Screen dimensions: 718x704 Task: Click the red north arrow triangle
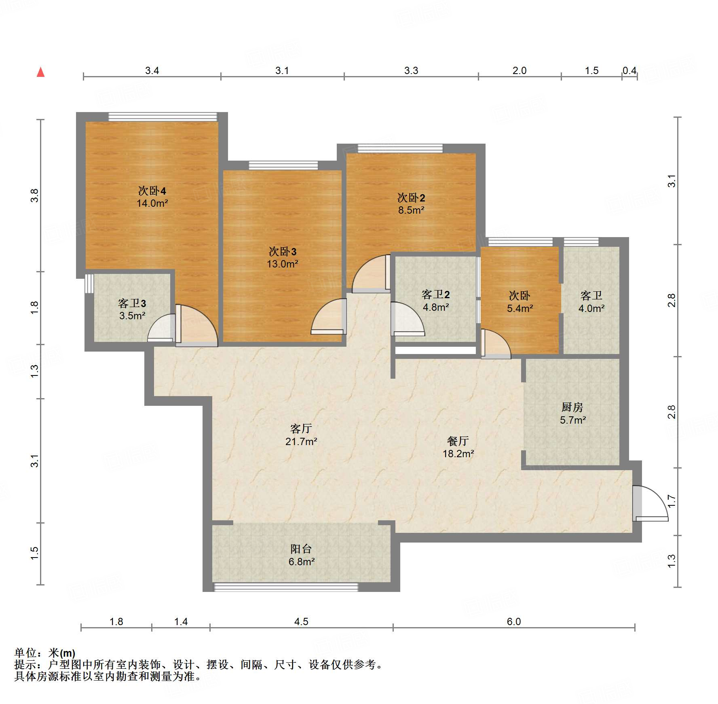tap(40, 72)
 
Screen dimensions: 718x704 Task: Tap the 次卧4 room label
tap(152, 191)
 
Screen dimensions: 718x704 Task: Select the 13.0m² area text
tap(283, 264)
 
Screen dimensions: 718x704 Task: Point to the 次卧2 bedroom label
tap(411, 198)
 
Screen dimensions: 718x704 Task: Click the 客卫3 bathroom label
tap(132, 303)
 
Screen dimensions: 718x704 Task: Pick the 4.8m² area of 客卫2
tap(436, 307)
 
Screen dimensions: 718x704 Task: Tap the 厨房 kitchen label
tap(572, 407)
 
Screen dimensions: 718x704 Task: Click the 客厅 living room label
tap(301, 428)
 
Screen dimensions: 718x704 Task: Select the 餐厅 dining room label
tap(458, 441)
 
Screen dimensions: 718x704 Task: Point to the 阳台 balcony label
tap(301, 549)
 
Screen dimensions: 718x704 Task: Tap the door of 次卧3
tap(329, 316)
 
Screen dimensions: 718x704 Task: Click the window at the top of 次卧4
tap(163, 117)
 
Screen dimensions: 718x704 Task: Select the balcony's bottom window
tap(286, 587)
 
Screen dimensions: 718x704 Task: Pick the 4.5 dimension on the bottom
tap(301, 621)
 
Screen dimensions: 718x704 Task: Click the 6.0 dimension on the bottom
tap(514, 621)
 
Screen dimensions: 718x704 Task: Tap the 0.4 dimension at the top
tap(629, 70)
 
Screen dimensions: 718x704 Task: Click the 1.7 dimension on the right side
tap(672, 501)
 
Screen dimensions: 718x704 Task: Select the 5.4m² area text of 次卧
tap(520, 308)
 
